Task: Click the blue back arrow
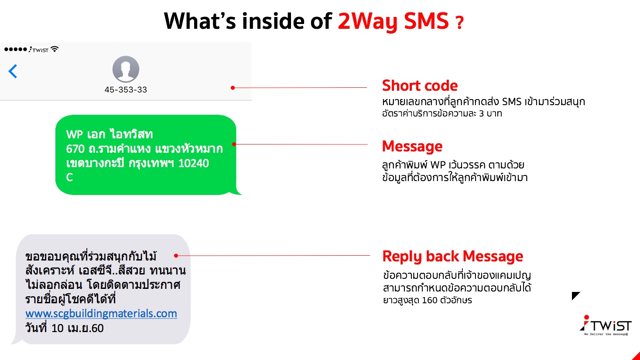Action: tap(13, 71)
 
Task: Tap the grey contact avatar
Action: tap(126, 69)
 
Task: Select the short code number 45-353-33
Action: tap(126, 90)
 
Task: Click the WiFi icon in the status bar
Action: tap(55, 49)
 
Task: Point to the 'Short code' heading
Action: tap(420, 86)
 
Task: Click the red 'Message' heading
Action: tap(412, 146)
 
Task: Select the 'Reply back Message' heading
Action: tap(452, 256)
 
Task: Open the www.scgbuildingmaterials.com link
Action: tap(101, 314)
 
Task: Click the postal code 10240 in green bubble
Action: tap(193, 163)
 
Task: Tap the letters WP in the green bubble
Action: tap(74, 134)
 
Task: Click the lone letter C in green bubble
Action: tap(69, 178)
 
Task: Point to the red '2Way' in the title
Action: tap(368, 21)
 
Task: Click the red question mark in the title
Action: tap(459, 23)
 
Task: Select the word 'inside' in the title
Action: tap(273, 21)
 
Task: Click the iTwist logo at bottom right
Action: tap(606, 326)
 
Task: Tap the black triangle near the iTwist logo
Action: tap(575, 295)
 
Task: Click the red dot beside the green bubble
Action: tap(234, 144)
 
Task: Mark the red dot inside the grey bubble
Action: tap(176, 256)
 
